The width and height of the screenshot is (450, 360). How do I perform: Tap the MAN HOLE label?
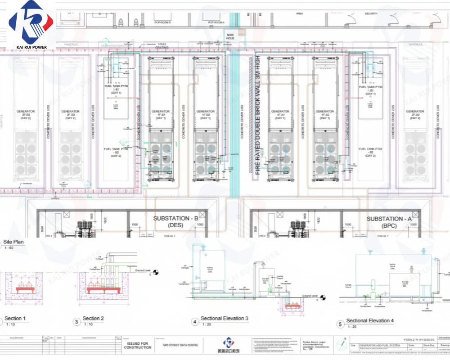coord(230,37)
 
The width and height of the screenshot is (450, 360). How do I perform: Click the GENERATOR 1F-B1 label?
coord(160,113)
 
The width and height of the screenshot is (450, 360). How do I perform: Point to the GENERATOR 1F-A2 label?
coord(325,113)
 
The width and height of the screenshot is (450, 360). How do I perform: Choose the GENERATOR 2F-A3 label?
coord(414,113)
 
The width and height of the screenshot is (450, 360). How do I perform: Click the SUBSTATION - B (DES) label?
coord(176,221)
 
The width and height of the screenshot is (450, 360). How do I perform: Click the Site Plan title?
coord(13,242)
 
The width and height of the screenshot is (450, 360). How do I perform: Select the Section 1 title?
coord(15,319)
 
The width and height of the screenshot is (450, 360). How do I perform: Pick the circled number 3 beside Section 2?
coord(76,322)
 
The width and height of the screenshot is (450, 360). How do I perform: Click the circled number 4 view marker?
coord(195,322)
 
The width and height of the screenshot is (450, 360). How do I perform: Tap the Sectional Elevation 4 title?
coord(370,321)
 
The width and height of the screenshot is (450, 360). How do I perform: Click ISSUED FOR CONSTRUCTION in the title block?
coord(136,346)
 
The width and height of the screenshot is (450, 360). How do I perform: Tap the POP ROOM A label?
coord(216,22)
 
